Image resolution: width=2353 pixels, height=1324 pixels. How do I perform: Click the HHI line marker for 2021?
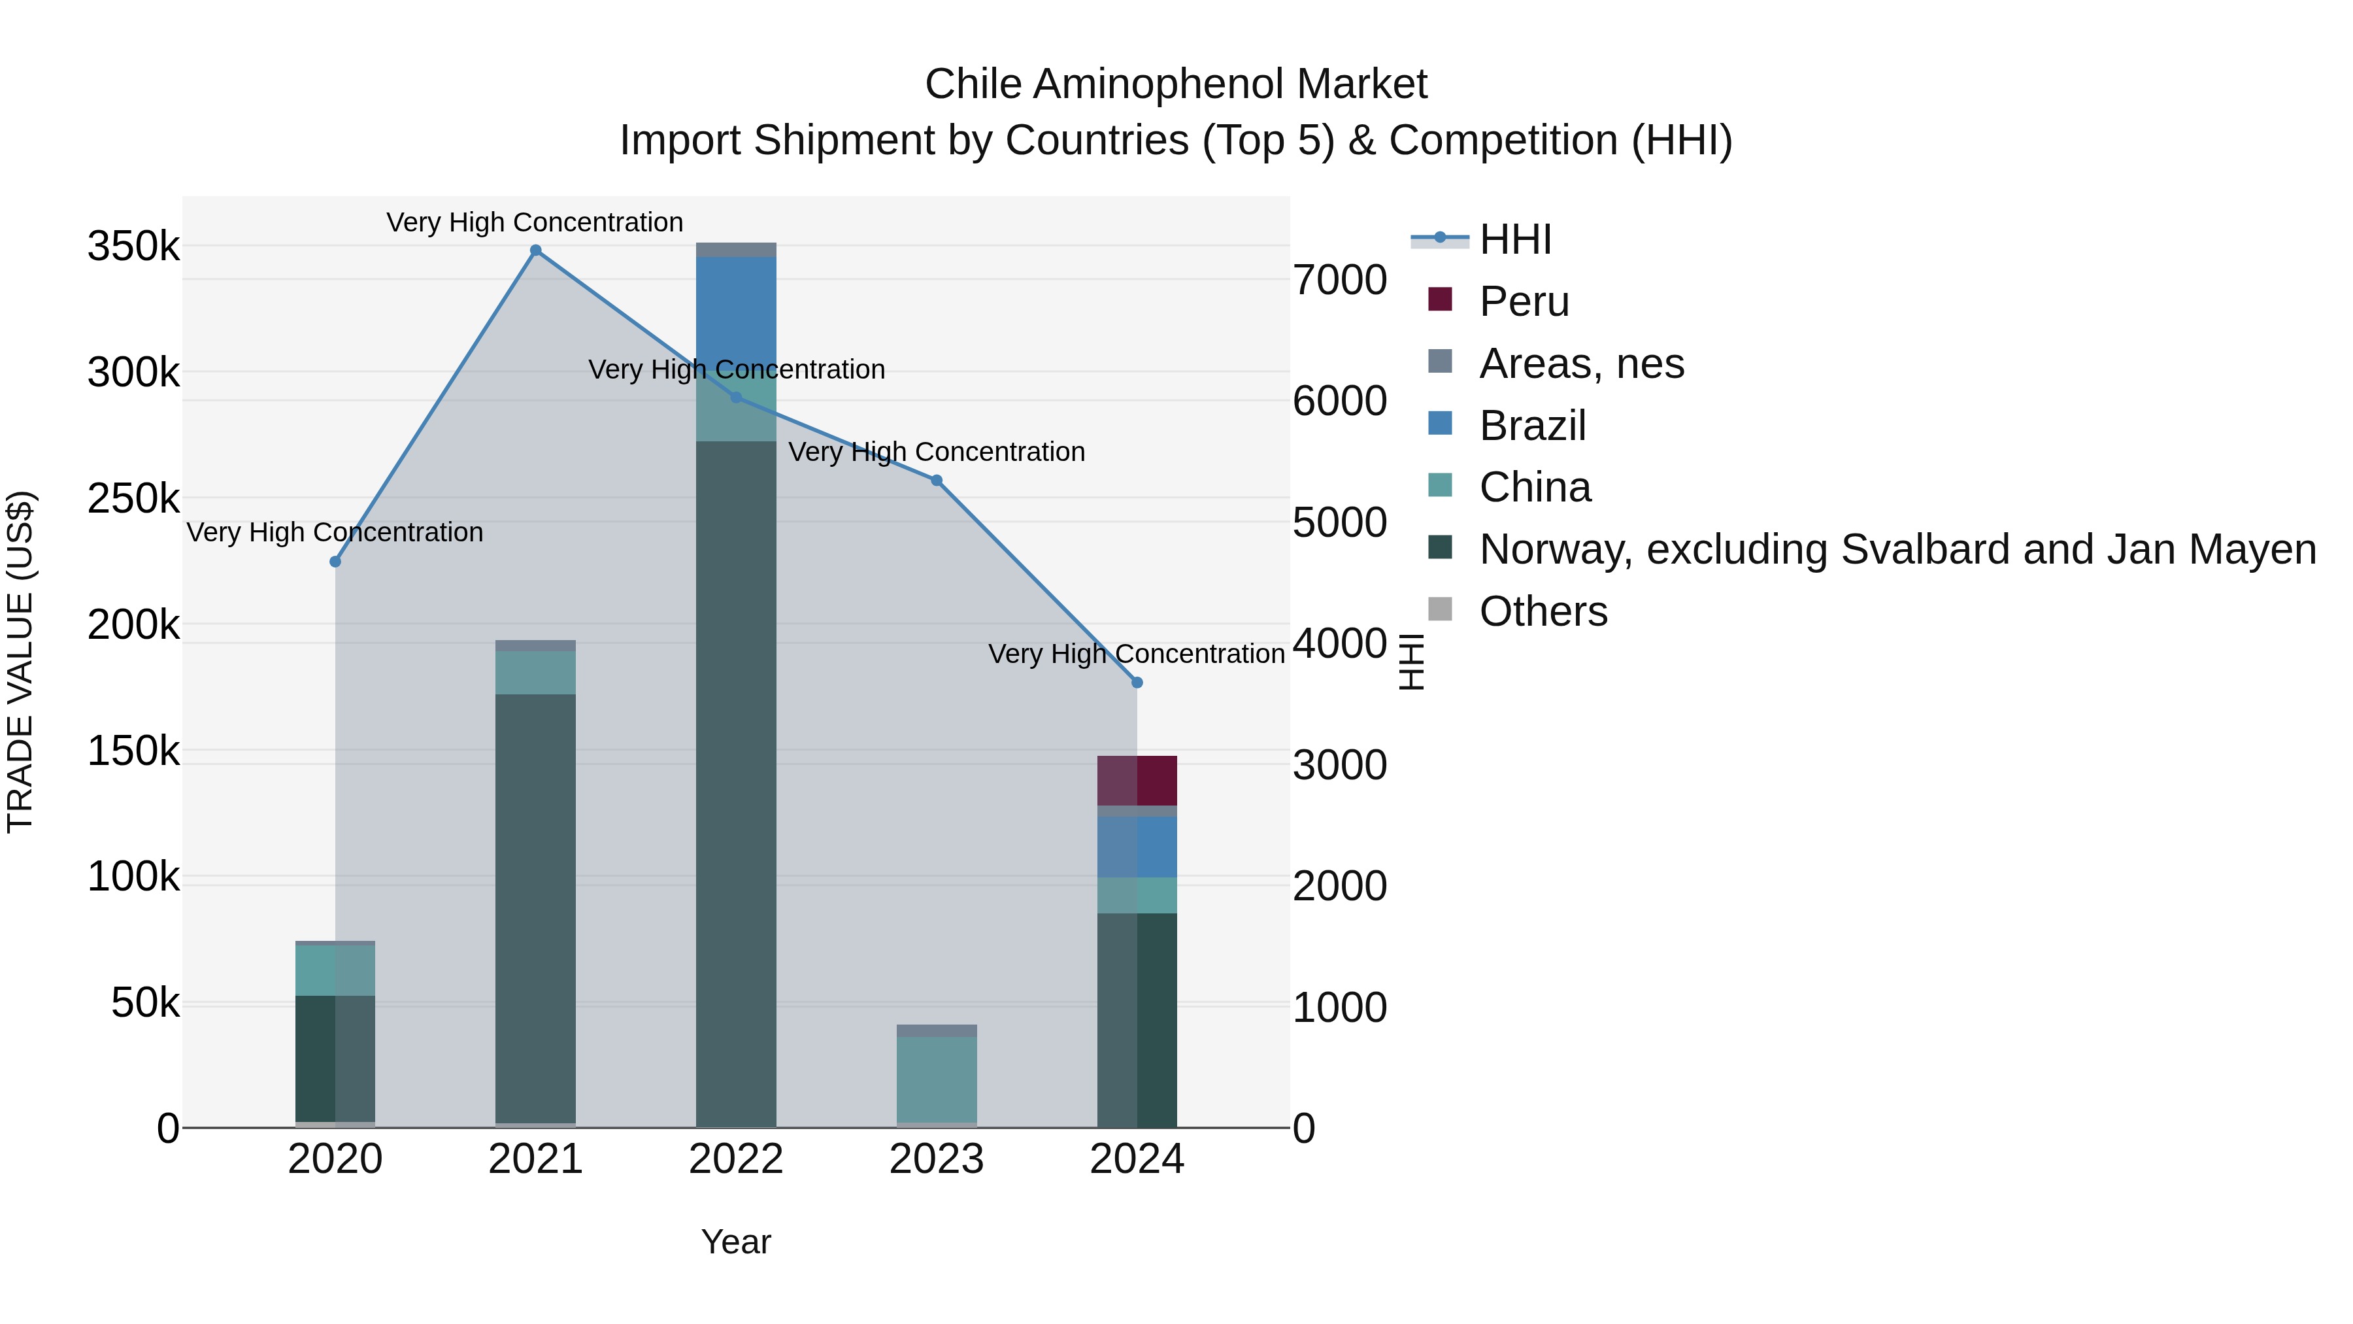[x=535, y=250]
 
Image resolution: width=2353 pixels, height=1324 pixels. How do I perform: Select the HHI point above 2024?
[x=1137, y=683]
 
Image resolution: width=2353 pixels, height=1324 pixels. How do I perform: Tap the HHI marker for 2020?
[x=335, y=562]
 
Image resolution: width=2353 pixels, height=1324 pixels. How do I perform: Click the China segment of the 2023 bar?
[x=936, y=1078]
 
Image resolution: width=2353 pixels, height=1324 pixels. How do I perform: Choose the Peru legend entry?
[x=1524, y=301]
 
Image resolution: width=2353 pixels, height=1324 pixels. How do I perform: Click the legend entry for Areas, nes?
[x=1580, y=364]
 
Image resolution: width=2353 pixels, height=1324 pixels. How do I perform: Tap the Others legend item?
[x=1542, y=611]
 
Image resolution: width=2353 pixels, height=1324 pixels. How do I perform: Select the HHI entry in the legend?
[x=1514, y=239]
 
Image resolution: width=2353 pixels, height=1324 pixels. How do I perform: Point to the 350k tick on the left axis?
[x=133, y=246]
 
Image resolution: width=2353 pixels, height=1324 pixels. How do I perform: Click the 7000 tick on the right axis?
[x=1339, y=280]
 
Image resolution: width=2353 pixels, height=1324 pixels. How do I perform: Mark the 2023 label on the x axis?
[x=936, y=1159]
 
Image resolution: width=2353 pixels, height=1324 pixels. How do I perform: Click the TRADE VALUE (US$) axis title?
[x=20, y=662]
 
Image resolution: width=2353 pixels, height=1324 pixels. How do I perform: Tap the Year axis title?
[x=735, y=1242]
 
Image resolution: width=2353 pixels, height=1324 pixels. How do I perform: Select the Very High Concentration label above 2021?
[x=535, y=222]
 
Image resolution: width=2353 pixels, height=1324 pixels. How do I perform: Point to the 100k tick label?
[x=133, y=877]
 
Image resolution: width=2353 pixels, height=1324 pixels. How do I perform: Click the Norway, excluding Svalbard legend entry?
[x=1896, y=549]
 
